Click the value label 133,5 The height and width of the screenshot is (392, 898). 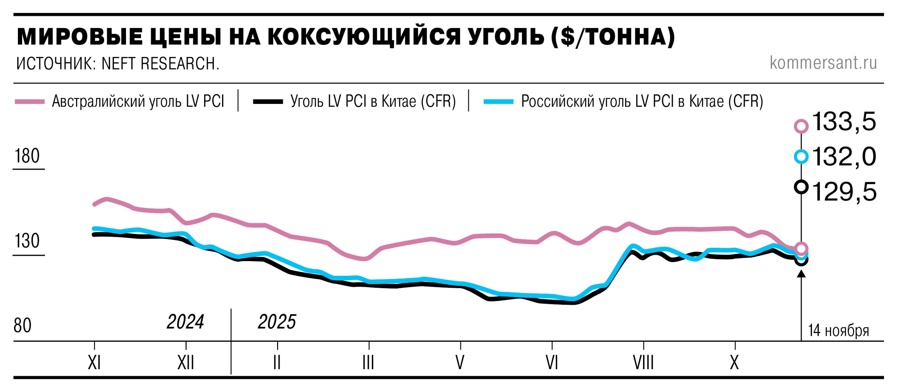pos(844,122)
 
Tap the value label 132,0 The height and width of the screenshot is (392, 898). pos(844,157)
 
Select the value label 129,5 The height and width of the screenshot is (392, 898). pos(844,192)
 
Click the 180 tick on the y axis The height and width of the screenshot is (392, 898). pos(27,156)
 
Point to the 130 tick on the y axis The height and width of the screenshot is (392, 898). pos(27,241)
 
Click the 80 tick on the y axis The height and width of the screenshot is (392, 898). pos(22,326)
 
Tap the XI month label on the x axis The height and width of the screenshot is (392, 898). pos(94,363)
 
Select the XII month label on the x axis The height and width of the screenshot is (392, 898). pos(186,363)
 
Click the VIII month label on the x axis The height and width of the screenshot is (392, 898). pos(643,363)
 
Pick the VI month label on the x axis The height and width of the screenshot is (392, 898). pos(552,363)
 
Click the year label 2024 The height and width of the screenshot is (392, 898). pos(185,322)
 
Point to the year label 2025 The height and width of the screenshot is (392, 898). pos(277,322)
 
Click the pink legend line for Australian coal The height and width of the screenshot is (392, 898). pos(30,102)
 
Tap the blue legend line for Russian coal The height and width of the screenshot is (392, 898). pos(498,102)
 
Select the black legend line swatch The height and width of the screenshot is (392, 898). pos(268,102)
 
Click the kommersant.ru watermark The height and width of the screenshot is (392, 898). pos(823,63)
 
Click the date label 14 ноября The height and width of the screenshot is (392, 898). pos(839,331)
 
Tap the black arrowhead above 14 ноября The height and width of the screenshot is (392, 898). pos(801,273)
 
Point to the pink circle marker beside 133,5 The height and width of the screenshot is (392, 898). pos(801,126)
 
